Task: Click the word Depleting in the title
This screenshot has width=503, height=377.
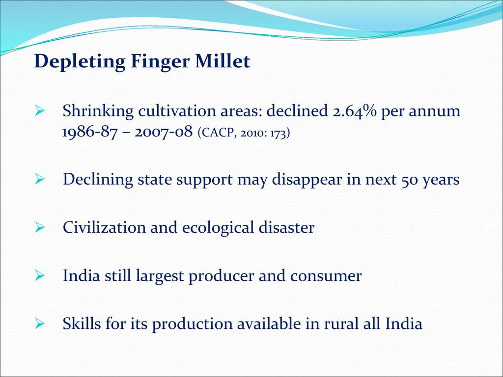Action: click(80, 61)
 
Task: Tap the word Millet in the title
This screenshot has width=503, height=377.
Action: click(223, 61)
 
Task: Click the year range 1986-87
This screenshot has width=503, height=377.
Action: click(89, 132)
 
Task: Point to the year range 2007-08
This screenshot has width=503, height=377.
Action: click(164, 132)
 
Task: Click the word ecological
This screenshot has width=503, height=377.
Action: click(218, 228)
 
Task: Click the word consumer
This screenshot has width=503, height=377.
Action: click(326, 276)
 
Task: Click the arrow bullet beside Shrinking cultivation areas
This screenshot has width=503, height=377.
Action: click(39, 111)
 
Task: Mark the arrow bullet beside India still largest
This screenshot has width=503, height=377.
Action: click(39, 275)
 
